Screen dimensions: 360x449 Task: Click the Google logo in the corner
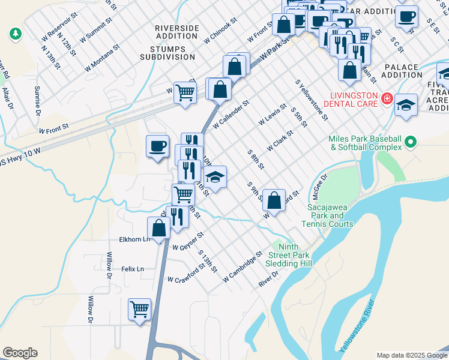[20, 353]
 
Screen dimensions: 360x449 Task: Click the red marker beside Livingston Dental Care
[387, 98]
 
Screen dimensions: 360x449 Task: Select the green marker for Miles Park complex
[411, 142]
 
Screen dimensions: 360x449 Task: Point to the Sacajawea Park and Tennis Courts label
[330, 215]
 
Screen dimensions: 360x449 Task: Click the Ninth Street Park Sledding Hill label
[289, 255]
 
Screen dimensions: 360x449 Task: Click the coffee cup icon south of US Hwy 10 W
[158, 146]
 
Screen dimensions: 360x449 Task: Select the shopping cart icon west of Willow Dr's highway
[140, 310]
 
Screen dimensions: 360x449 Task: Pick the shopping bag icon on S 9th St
[274, 201]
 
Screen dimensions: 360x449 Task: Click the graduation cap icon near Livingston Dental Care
[406, 105]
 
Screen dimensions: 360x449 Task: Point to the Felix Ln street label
[133, 269]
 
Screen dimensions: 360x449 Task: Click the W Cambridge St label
[243, 267]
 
